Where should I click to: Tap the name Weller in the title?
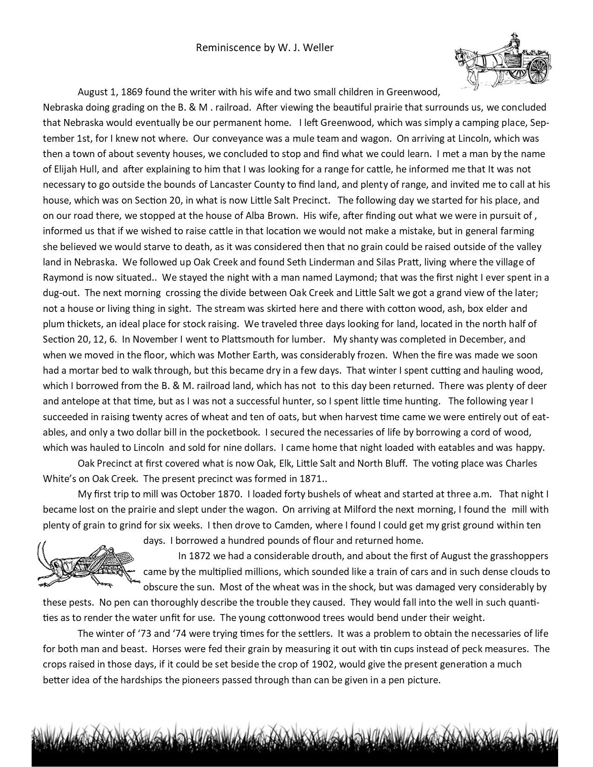click(x=318, y=47)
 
